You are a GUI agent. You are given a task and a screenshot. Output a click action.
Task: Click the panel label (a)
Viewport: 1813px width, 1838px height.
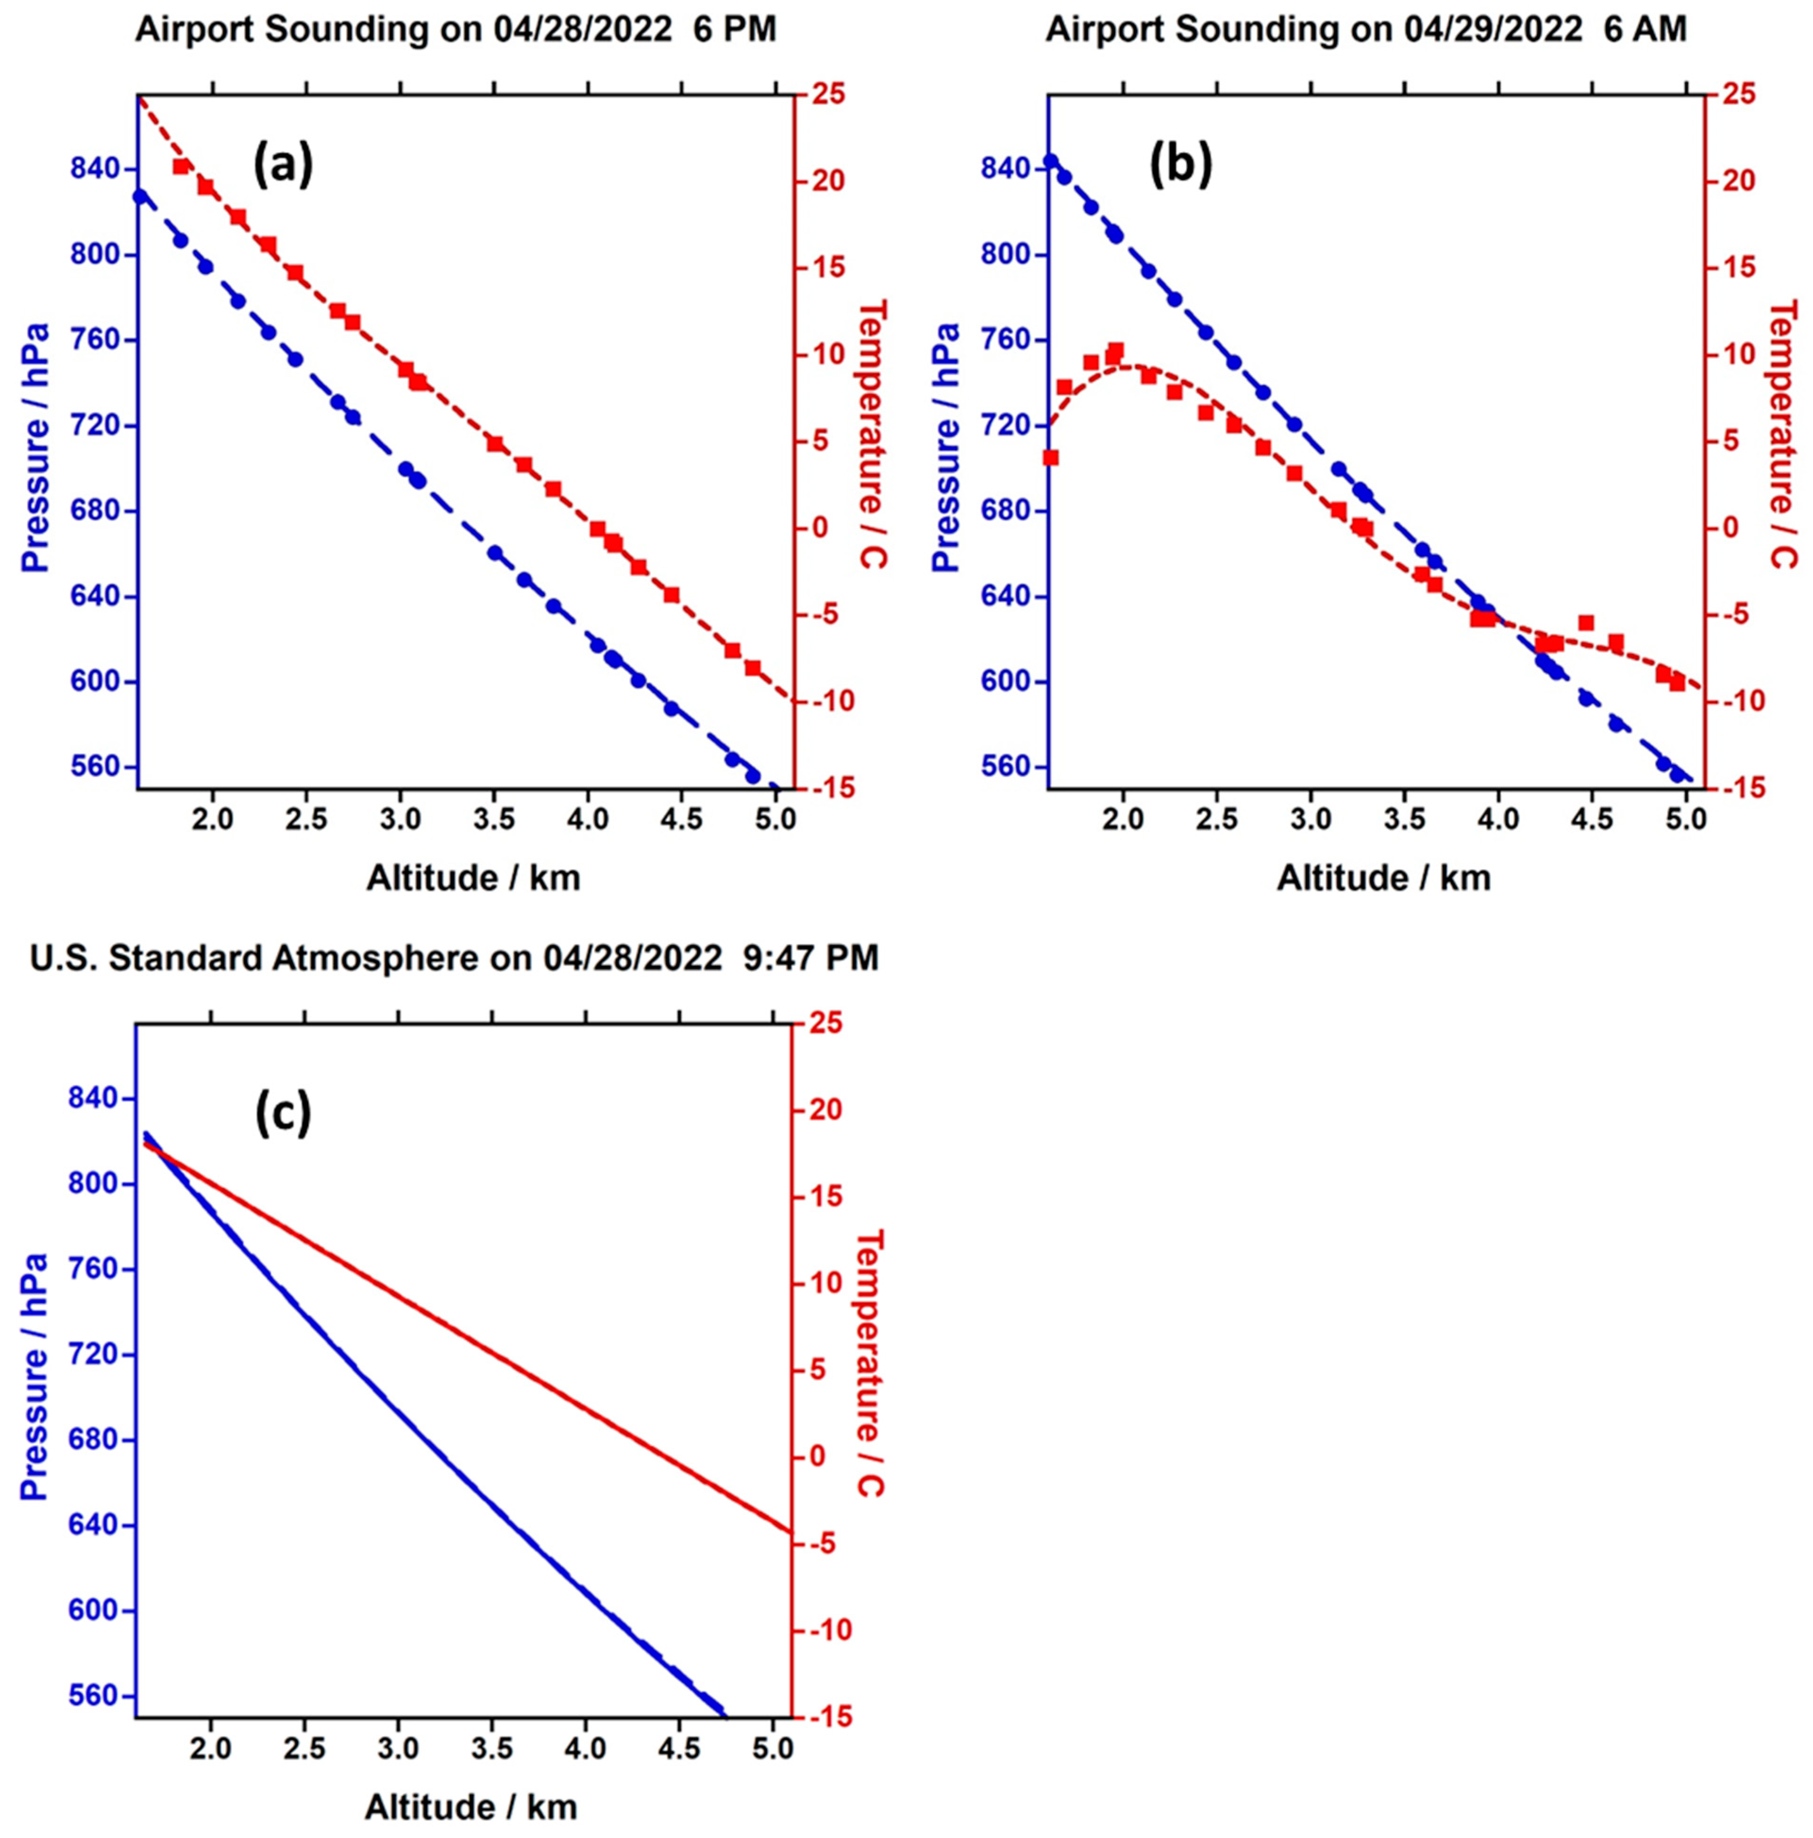(x=283, y=165)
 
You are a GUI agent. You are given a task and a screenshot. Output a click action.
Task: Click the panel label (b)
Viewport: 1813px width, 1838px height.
(x=1180, y=165)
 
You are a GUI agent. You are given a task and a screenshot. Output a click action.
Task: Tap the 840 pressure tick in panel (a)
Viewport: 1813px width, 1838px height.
(x=95, y=169)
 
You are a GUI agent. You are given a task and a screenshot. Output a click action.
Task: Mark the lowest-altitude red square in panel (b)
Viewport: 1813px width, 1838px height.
(x=1050, y=458)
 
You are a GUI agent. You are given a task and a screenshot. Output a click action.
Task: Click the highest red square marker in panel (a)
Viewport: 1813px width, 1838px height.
(x=181, y=167)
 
